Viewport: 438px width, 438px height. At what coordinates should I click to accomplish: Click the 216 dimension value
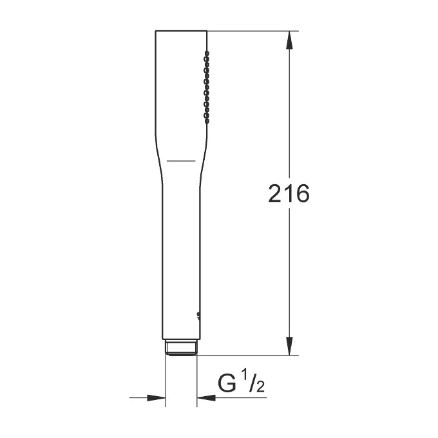click(289, 194)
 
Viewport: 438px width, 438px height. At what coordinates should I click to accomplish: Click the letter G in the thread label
click(228, 385)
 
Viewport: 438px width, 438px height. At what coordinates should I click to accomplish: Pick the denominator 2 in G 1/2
click(260, 388)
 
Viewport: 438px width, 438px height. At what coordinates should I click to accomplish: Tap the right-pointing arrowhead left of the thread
click(156, 398)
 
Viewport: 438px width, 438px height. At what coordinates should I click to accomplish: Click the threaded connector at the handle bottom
click(181, 347)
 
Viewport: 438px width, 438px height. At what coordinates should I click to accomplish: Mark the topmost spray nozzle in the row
click(206, 52)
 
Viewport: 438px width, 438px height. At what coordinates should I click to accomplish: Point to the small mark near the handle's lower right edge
click(198, 315)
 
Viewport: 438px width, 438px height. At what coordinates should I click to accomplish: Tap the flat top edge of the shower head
click(181, 30)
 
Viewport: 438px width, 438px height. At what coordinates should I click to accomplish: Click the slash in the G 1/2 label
click(253, 385)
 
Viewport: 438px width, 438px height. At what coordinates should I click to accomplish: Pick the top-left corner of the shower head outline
click(156, 31)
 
